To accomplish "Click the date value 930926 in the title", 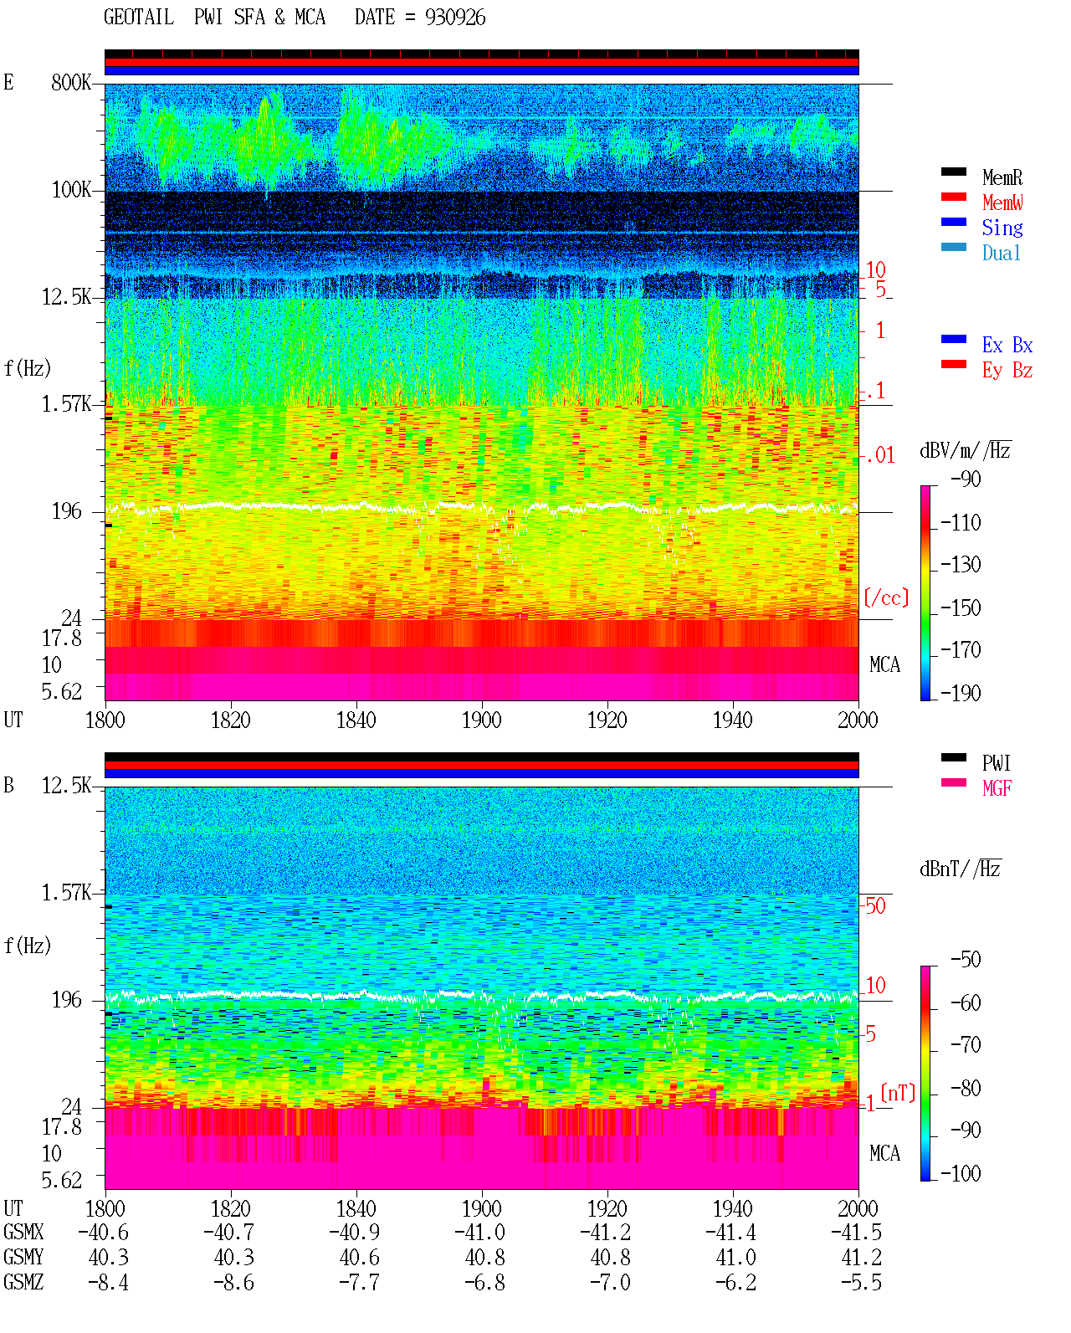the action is pyautogui.click(x=454, y=18).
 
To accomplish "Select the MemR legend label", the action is pyautogui.click(x=1002, y=177).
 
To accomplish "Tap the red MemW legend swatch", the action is pyautogui.click(x=953, y=197).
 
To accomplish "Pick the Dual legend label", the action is pyautogui.click(x=1001, y=253).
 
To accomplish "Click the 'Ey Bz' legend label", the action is pyautogui.click(x=1007, y=371).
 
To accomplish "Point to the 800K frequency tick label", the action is pyautogui.click(x=71, y=82).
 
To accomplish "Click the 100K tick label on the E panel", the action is pyautogui.click(x=71, y=190).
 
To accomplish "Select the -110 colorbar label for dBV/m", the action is pyautogui.click(x=961, y=523).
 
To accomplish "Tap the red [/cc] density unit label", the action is pyautogui.click(x=886, y=597).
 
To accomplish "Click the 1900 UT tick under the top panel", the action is pyautogui.click(x=481, y=720).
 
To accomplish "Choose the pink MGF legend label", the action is pyautogui.click(x=997, y=788).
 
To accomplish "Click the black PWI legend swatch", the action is pyautogui.click(x=953, y=757).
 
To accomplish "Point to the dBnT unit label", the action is pyautogui.click(x=960, y=869).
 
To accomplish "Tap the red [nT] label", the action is pyautogui.click(x=898, y=1092).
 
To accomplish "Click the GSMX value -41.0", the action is pyautogui.click(x=480, y=1232).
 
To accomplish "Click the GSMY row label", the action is pyautogui.click(x=23, y=1257).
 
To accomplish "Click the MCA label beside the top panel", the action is pyautogui.click(x=884, y=664).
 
